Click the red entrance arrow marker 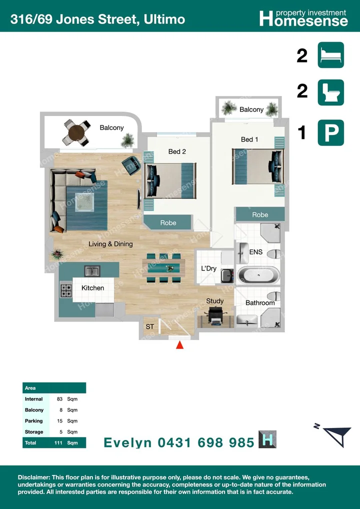coord(179,345)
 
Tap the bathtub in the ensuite coord(258,275)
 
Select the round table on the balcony coord(76,132)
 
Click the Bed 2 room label coord(176,151)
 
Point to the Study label coord(214,301)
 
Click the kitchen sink coord(92,271)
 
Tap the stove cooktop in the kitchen coord(66,290)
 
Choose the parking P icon coord(330,133)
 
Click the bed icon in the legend coord(330,55)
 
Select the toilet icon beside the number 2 coord(330,92)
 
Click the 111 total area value coord(59,443)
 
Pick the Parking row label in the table coord(34,421)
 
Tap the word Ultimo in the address coord(164,19)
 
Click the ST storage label coord(149,326)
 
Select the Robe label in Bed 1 coord(260,214)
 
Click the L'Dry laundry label coord(208,269)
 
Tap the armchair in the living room coord(131,165)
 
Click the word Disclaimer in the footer coord(34,477)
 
